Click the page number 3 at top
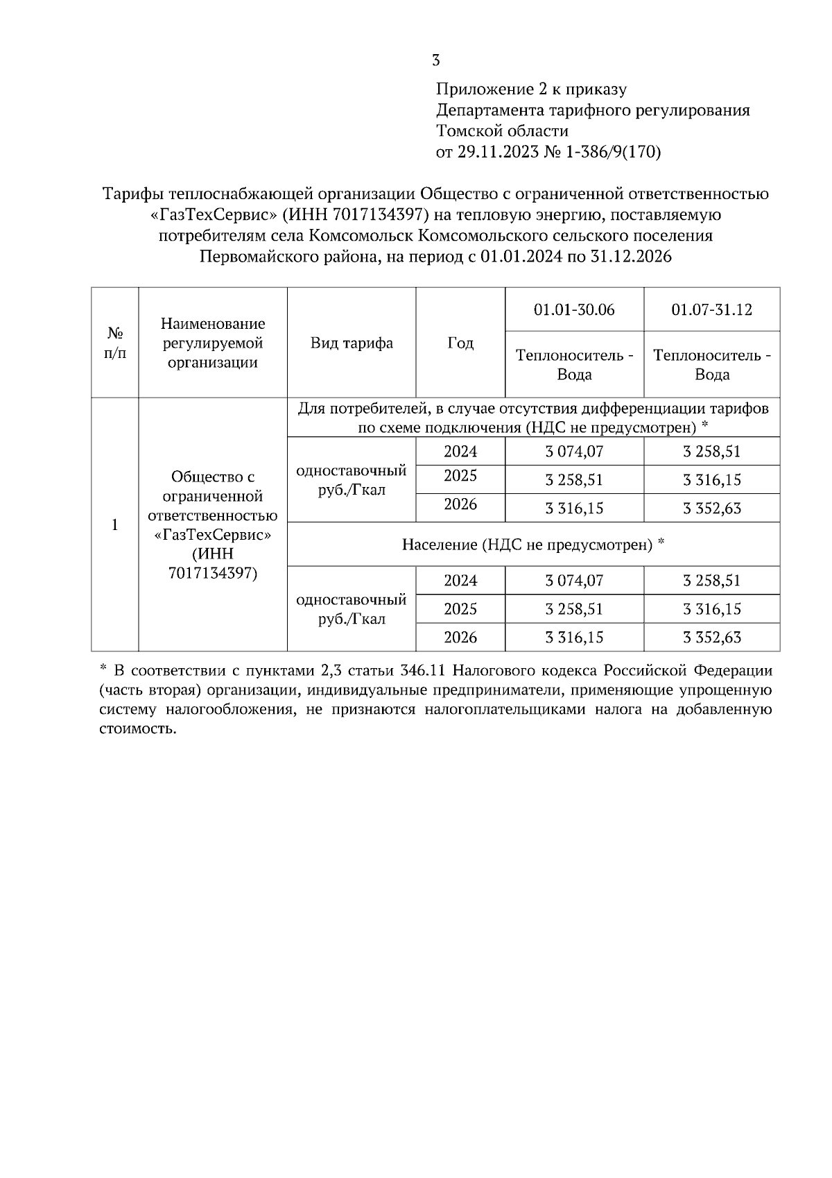(x=435, y=60)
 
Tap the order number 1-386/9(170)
(x=614, y=153)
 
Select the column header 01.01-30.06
(x=574, y=309)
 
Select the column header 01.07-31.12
(x=711, y=309)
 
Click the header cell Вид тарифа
(x=352, y=343)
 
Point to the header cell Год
(x=460, y=343)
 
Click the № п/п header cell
(x=115, y=343)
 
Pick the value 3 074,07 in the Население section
(x=574, y=581)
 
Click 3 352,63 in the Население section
(x=711, y=638)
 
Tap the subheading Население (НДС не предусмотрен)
(x=533, y=545)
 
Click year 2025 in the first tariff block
(x=460, y=477)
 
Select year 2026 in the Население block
(x=460, y=638)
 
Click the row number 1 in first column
(x=115, y=525)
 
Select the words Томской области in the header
(x=502, y=131)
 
